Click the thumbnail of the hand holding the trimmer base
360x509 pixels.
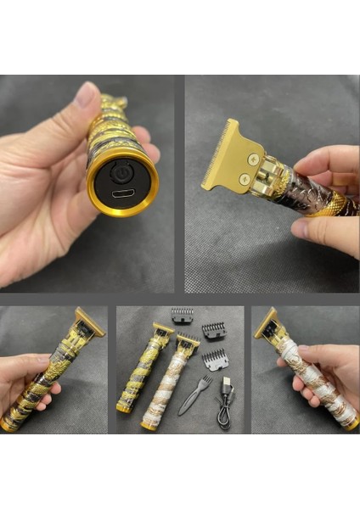pyautogui.click(x=88, y=183)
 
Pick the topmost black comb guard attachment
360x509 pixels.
pyautogui.click(x=182, y=316)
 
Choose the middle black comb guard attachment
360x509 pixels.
pyautogui.click(x=213, y=331)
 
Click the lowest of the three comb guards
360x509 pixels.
pyautogui.click(x=217, y=359)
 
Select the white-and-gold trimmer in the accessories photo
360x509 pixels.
pyautogui.click(x=169, y=386)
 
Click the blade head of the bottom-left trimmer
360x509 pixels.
pyautogui.click(x=87, y=322)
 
